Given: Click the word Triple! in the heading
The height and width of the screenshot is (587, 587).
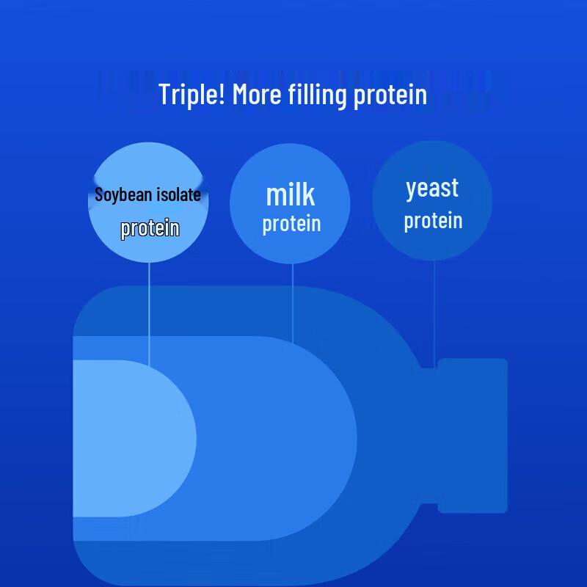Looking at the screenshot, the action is click(192, 94).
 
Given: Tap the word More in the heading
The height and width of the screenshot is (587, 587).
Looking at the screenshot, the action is click(257, 94).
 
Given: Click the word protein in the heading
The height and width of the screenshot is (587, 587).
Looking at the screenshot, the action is click(390, 96).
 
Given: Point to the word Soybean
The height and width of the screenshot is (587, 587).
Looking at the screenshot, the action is click(121, 195).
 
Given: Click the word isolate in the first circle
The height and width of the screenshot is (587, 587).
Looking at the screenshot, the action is click(178, 194).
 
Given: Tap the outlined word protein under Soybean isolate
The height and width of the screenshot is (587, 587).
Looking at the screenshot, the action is click(150, 228).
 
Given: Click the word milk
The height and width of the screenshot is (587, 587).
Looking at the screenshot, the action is click(290, 194).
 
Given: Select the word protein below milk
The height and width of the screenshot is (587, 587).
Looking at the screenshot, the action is click(291, 225).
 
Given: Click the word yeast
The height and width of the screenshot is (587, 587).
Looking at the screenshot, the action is click(432, 189).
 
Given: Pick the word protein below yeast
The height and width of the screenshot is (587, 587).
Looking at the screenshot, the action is click(433, 222).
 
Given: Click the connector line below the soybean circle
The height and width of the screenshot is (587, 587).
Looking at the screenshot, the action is click(149, 314).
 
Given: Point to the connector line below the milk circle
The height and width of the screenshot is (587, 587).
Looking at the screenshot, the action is click(292, 303).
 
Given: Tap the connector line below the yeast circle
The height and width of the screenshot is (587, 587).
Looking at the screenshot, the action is click(434, 314).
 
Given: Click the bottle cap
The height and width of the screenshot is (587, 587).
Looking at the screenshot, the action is click(473, 436).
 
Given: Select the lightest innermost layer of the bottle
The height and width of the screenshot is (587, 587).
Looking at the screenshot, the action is click(131, 438).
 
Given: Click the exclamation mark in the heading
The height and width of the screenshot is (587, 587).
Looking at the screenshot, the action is click(222, 94).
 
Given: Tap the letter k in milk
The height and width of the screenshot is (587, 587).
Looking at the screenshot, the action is click(308, 194).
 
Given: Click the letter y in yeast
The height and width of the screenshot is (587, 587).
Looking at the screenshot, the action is click(412, 191).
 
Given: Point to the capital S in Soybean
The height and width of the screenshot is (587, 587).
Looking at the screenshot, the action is click(99, 194).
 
